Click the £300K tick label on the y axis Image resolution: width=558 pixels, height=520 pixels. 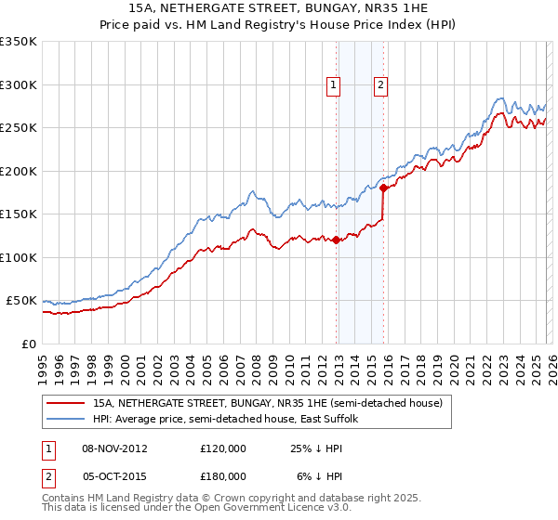[19, 84]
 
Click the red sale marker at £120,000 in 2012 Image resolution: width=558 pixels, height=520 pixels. [336, 240]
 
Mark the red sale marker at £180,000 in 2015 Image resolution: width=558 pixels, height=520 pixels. [383, 188]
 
